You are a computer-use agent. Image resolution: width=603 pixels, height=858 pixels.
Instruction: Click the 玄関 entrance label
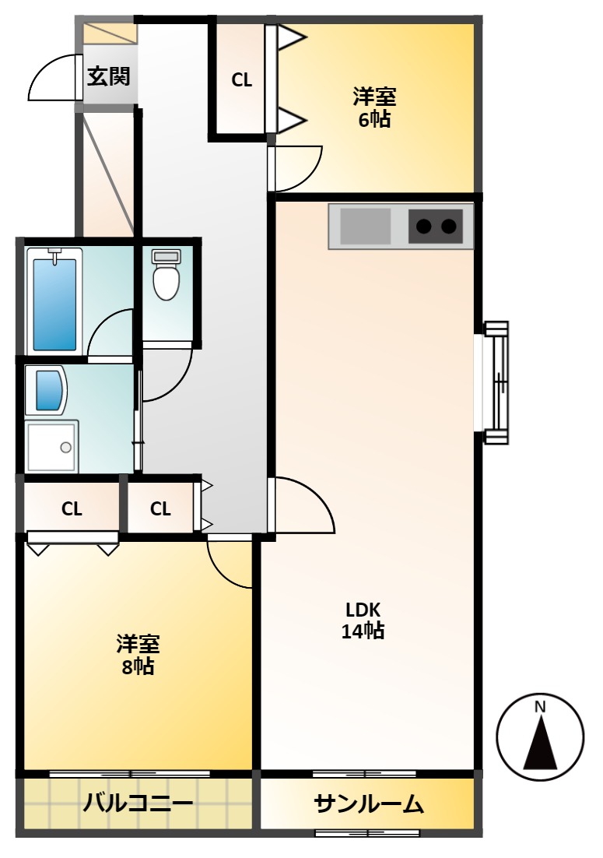(109, 76)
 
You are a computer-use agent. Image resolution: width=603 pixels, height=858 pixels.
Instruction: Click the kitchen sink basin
(366, 226)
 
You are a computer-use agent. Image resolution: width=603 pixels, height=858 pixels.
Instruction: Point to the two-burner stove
(435, 226)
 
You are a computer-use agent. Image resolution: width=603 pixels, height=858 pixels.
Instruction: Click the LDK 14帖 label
(363, 621)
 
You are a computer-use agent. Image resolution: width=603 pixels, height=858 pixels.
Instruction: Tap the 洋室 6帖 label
(374, 107)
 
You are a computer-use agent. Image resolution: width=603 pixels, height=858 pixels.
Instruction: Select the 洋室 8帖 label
(138, 656)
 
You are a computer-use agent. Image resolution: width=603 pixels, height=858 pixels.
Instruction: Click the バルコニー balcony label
(138, 803)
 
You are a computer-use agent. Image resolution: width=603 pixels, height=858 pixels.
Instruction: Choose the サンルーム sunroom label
(369, 803)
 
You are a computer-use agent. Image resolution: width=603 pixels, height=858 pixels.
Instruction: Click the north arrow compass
(540, 737)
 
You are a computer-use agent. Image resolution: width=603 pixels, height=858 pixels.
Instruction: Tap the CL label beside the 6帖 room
(242, 80)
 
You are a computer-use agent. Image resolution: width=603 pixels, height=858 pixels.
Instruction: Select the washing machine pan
(52, 446)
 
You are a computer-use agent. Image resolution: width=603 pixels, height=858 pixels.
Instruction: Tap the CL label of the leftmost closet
(72, 509)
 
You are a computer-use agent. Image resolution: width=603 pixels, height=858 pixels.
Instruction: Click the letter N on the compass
(540, 707)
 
